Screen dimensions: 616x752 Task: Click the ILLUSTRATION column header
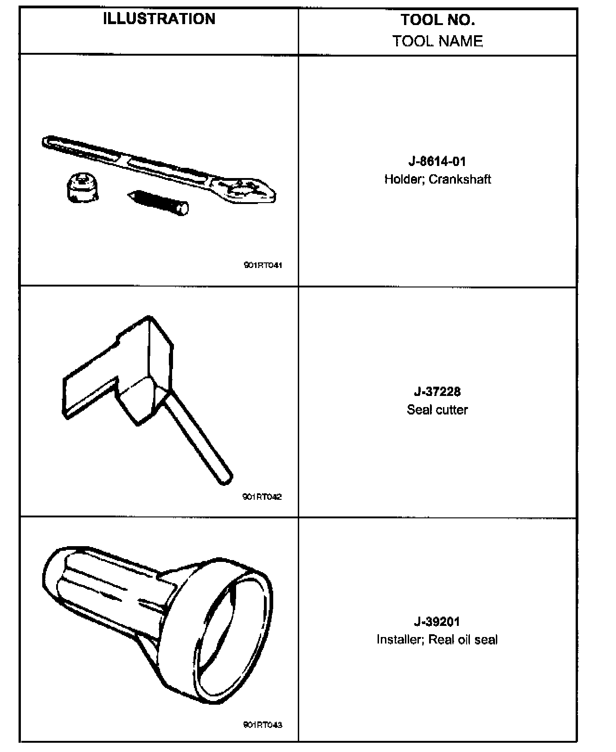click(x=159, y=19)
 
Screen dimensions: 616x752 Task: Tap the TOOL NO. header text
click(x=437, y=19)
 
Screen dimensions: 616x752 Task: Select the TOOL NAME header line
click(x=437, y=41)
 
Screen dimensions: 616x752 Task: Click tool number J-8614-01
click(x=437, y=161)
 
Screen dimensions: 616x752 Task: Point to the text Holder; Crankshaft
click(x=437, y=179)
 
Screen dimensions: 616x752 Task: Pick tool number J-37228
click(x=437, y=392)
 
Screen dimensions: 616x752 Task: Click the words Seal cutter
click(x=437, y=409)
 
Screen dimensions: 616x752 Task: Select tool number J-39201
click(x=437, y=621)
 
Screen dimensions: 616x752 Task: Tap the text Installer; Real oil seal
click(x=437, y=639)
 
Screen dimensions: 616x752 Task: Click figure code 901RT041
click(x=263, y=266)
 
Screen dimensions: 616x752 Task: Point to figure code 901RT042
click(x=262, y=497)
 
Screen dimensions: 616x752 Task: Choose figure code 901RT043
click(x=263, y=725)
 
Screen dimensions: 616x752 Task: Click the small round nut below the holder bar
click(x=83, y=188)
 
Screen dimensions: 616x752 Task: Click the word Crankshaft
click(x=460, y=179)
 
